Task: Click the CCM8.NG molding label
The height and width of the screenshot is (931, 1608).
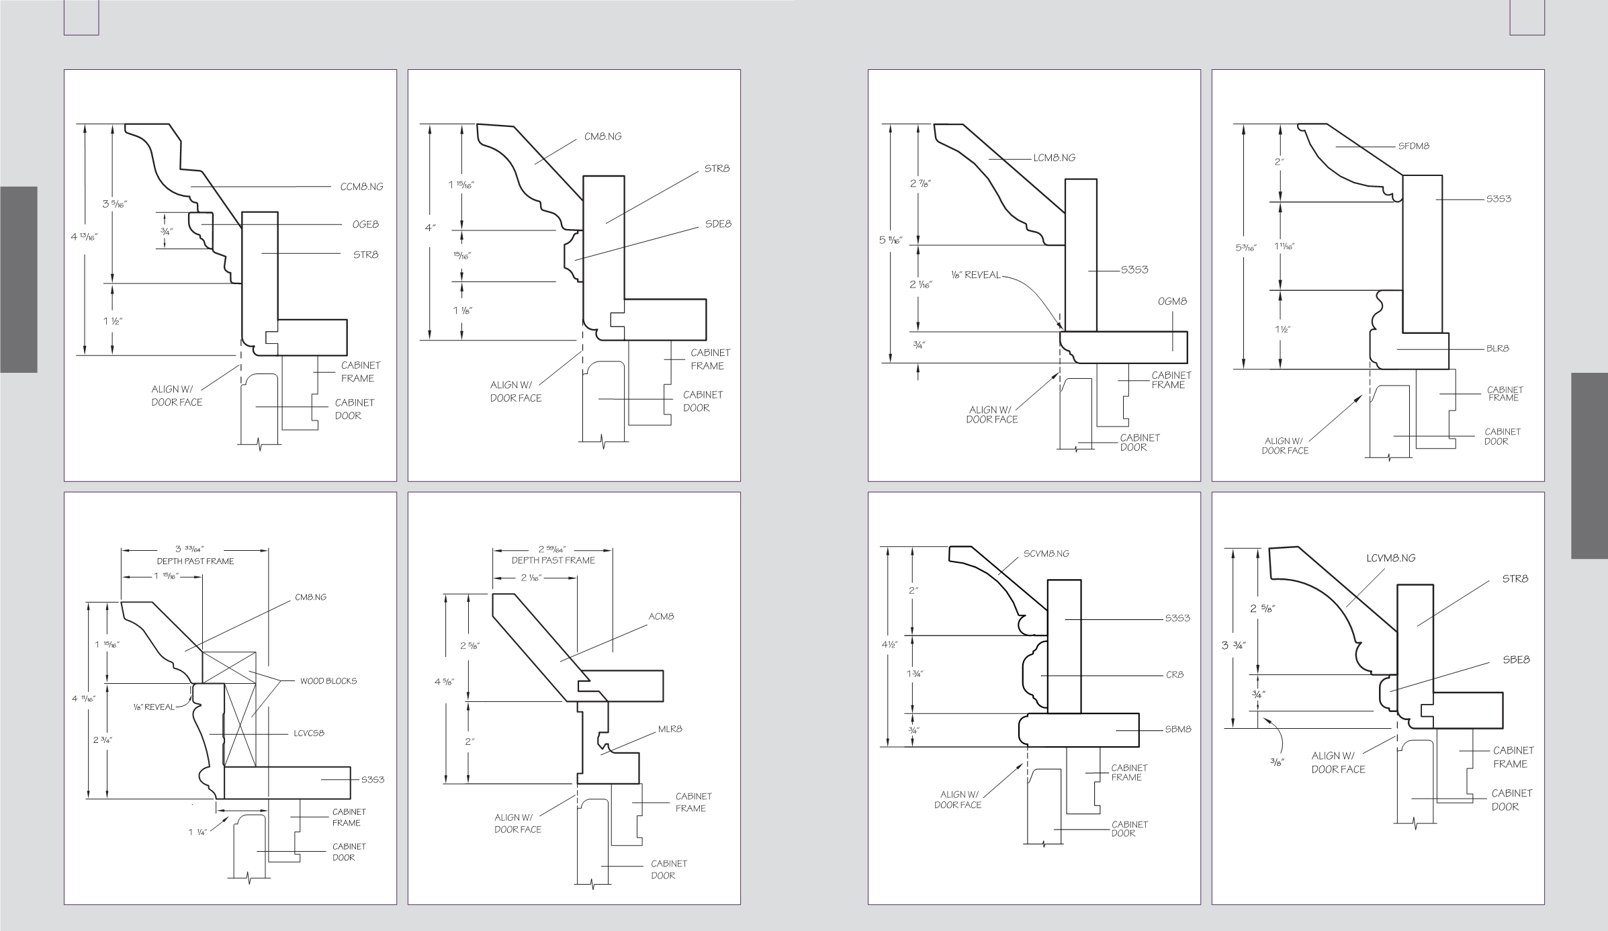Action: click(x=361, y=187)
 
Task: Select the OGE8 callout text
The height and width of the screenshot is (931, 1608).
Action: click(x=365, y=224)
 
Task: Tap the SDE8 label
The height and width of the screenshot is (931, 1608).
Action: click(x=718, y=224)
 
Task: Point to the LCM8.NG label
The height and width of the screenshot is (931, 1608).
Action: click(x=1054, y=158)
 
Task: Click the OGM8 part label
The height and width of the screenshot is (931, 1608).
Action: click(x=1172, y=302)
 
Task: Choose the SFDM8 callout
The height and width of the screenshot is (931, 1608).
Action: click(x=1414, y=146)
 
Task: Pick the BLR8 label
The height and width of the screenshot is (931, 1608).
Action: click(x=1498, y=349)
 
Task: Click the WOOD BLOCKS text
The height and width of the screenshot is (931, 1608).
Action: click(x=328, y=681)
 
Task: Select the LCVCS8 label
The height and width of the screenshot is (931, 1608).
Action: click(x=309, y=734)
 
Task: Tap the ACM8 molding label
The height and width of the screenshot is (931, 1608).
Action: click(x=661, y=617)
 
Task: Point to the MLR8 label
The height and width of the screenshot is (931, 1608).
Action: click(x=670, y=729)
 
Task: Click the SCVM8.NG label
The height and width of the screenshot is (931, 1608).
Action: click(x=1046, y=554)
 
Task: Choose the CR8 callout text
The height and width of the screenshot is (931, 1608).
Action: click(x=1175, y=675)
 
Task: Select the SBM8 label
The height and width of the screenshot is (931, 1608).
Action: click(x=1178, y=729)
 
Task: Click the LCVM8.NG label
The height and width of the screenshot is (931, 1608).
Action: click(x=1390, y=558)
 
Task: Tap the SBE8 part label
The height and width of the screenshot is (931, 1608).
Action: click(x=1516, y=660)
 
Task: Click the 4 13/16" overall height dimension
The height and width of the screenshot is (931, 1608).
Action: click(x=84, y=236)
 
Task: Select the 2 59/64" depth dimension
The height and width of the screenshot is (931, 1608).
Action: click(x=553, y=549)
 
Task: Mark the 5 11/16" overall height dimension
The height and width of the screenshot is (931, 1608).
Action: click(x=891, y=240)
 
